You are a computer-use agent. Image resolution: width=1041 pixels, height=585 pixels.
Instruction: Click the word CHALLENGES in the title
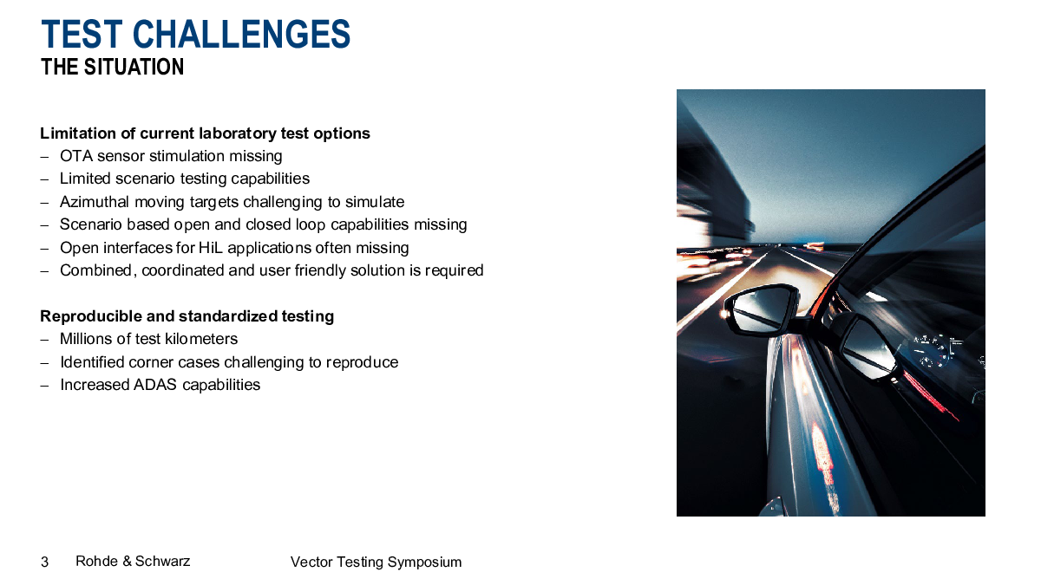(241, 34)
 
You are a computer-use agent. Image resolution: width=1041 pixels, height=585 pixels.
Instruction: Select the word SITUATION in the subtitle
(134, 67)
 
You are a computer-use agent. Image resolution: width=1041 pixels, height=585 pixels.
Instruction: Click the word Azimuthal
(95, 202)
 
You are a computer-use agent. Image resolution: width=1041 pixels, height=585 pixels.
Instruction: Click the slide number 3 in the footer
(44, 562)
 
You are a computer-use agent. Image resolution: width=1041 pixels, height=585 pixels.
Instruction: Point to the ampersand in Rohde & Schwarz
(127, 562)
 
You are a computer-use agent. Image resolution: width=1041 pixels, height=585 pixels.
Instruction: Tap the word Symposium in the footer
(424, 562)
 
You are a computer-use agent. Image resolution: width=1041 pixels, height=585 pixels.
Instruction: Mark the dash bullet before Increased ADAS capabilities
(44, 386)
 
